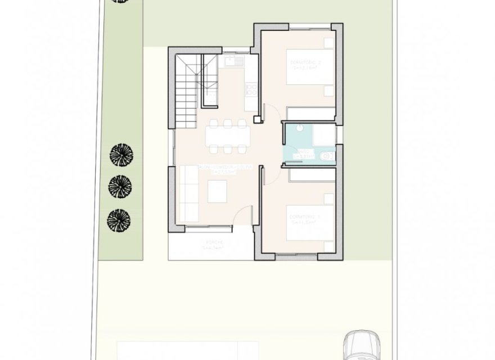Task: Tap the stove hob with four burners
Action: [250, 88]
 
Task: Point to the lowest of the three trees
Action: [120, 219]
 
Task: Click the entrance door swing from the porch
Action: [243, 217]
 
